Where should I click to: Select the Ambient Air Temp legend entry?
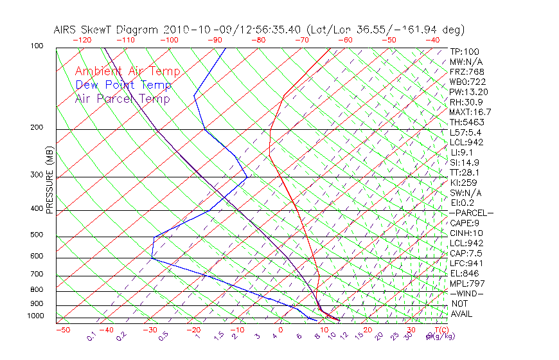click(x=127, y=71)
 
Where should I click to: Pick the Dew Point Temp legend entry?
click(x=123, y=85)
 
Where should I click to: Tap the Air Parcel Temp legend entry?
click(x=122, y=98)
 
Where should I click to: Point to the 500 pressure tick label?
click(x=37, y=235)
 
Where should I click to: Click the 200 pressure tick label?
click(x=37, y=128)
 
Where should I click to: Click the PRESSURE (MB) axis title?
click(x=50, y=181)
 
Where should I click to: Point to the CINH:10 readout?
click(x=466, y=233)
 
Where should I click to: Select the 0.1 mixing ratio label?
click(x=92, y=336)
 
